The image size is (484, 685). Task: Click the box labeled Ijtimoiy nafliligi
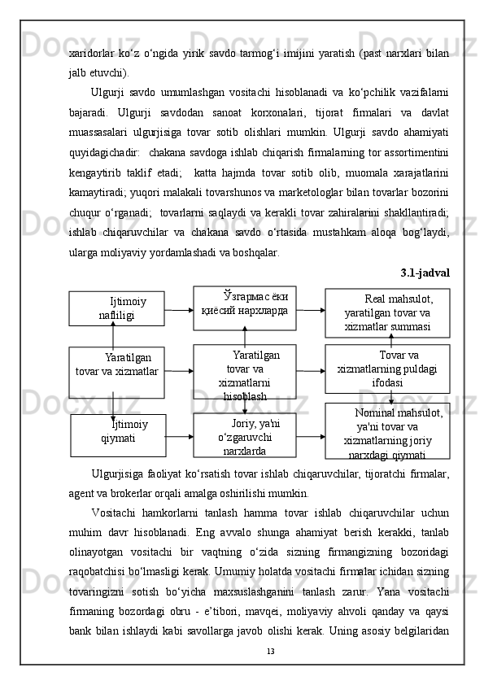116,308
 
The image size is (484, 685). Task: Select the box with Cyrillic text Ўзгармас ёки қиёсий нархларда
244,307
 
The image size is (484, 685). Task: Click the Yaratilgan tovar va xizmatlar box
116,371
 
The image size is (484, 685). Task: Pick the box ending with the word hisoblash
244,372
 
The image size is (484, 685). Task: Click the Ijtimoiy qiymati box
118,434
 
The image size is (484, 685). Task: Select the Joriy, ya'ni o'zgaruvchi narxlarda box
244,435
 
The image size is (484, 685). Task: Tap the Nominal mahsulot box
387,431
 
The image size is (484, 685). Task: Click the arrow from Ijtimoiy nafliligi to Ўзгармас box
178,308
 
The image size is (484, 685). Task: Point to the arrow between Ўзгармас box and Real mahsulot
310,308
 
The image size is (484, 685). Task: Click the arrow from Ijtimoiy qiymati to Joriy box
179,435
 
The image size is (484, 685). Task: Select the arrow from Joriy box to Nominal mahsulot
310,435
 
